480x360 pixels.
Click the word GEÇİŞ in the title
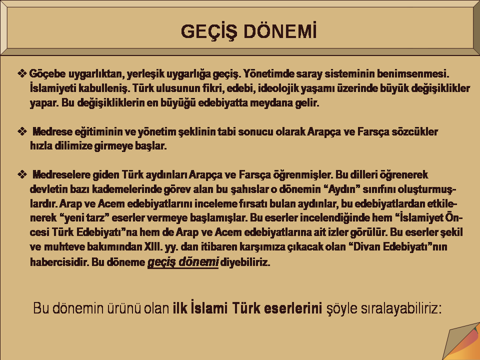(209, 31)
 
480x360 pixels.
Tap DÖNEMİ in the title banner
(280, 31)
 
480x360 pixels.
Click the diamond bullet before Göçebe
(22, 74)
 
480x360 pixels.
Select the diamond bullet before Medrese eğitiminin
(22, 131)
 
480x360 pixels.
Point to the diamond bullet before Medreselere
(22, 175)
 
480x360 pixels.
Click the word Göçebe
(47, 74)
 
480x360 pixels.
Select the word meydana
(271, 102)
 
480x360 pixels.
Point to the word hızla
(41, 145)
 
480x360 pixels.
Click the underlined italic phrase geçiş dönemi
(183, 262)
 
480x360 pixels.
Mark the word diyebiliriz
(245, 262)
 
